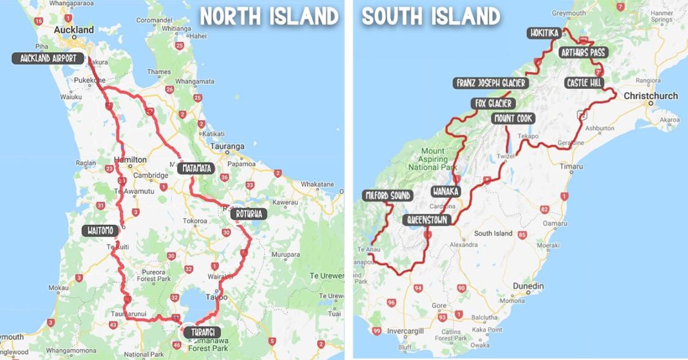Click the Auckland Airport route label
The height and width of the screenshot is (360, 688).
point(48,59)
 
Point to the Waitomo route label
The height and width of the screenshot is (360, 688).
point(101,231)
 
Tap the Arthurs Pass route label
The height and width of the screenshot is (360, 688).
point(583,52)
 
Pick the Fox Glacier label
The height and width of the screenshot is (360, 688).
point(493,104)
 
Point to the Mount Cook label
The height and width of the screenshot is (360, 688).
point(513,118)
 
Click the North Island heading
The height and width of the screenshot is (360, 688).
point(269,16)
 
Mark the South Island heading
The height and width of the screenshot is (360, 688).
point(430,16)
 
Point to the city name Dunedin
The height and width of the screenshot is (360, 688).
point(528,286)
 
